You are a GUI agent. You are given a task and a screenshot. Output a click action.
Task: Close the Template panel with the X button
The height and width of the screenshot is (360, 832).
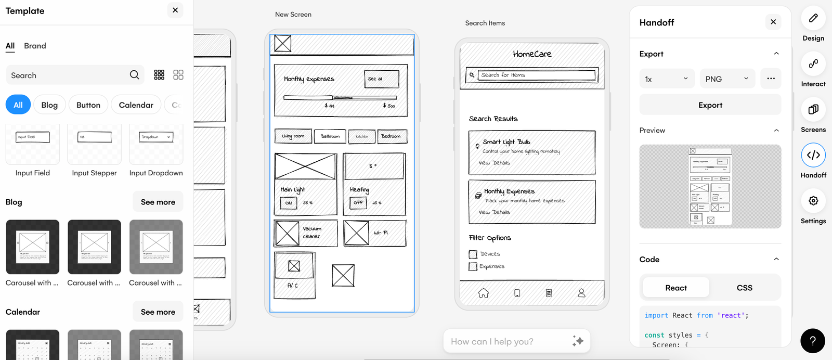(x=175, y=10)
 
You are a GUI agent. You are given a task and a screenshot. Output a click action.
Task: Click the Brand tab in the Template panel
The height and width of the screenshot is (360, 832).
(x=35, y=46)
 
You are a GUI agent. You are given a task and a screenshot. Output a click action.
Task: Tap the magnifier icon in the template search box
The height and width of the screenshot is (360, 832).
(x=134, y=75)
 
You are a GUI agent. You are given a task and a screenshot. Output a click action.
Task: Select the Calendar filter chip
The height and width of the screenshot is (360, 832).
(x=136, y=105)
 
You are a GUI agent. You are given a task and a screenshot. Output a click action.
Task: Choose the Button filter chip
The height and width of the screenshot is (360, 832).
(x=88, y=105)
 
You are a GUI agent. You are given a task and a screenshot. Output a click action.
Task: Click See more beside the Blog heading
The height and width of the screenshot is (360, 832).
(x=158, y=202)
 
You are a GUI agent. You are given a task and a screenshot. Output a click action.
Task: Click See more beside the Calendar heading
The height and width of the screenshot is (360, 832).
(x=158, y=312)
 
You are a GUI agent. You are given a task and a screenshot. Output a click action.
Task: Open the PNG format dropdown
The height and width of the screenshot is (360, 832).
(x=727, y=79)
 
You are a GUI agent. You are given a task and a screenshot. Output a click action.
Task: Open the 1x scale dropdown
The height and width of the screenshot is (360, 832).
(x=667, y=79)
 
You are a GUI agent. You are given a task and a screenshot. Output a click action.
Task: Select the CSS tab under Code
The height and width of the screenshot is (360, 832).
(x=744, y=288)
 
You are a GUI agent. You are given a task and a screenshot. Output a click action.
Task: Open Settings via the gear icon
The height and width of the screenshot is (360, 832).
(x=813, y=201)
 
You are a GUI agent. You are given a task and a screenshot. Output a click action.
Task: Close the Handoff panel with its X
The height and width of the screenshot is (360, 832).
(x=773, y=22)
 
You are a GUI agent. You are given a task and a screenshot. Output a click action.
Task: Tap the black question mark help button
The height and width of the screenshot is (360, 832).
(x=813, y=341)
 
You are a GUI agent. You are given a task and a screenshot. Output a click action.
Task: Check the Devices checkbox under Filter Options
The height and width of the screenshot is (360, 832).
(x=473, y=254)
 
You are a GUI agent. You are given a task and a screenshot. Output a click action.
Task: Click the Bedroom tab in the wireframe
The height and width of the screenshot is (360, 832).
(x=392, y=136)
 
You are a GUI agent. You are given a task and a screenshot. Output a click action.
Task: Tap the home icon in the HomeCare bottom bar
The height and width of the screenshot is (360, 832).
(x=484, y=293)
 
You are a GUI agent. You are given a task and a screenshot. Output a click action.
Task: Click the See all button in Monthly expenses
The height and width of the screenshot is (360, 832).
(x=381, y=79)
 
